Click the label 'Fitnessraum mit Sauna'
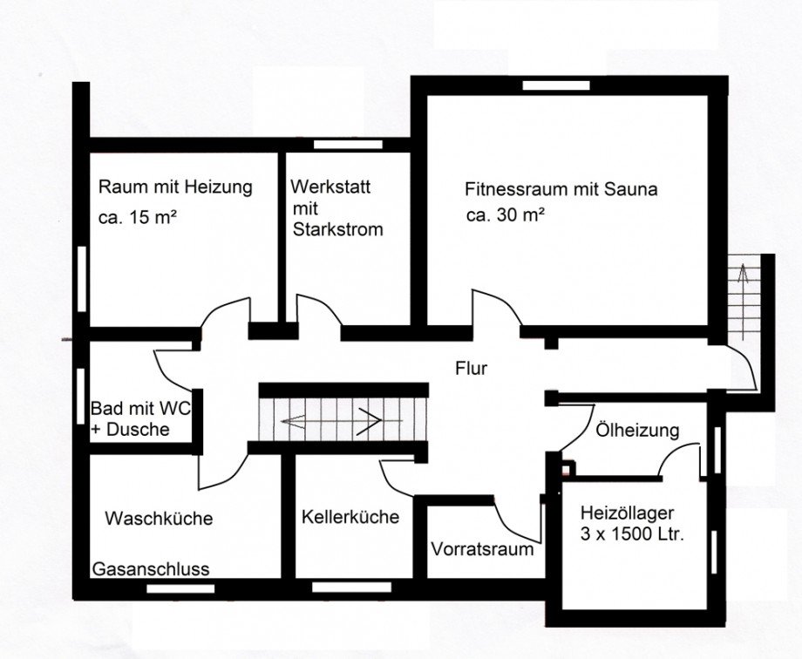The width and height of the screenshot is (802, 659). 561,190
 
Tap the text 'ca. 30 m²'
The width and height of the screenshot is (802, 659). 506,215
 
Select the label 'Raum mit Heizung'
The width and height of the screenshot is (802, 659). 175,187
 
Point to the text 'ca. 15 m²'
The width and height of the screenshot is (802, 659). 138,217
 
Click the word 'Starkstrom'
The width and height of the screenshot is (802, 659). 337,230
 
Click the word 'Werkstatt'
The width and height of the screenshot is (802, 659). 330,187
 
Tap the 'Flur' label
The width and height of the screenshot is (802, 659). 471,369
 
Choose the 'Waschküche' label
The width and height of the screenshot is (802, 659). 159,519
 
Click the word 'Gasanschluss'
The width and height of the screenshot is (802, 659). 151,569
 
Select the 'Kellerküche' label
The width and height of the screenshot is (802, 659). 350,517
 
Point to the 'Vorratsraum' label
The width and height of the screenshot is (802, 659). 482,549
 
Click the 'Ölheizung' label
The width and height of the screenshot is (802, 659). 637,431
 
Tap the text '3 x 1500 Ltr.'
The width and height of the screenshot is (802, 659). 632,534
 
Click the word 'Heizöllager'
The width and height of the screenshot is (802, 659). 627,513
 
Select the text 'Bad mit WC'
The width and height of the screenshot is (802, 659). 140,408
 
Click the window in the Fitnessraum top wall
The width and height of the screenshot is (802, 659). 556,85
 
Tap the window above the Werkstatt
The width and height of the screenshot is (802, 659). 348,145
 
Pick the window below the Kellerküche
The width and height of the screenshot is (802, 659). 351,587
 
